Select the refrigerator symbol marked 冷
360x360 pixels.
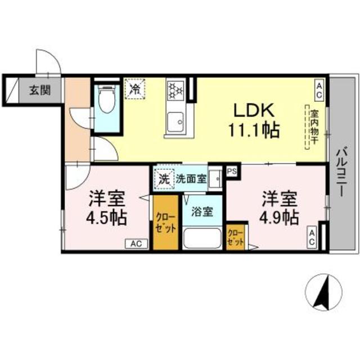pos(136,89)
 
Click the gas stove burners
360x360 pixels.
pos(175,89)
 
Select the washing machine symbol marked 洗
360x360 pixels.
pos(163,179)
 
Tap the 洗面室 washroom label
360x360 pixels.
pos(191,180)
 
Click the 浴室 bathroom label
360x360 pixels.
pos(202,212)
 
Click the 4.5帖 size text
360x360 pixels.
pos(107,218)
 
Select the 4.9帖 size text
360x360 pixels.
pos(279,218)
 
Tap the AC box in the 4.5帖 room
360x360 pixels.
pos(136,244)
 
